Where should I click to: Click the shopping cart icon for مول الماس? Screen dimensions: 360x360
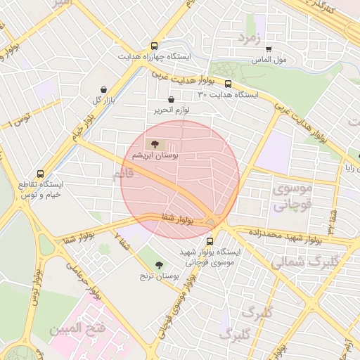(x=269, y=49)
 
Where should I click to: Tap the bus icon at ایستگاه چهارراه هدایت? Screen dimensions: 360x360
(x=154, y=46)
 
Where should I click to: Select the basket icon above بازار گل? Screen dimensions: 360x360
(x=105, y=89)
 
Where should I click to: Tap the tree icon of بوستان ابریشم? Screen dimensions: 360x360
(x=155, y=144)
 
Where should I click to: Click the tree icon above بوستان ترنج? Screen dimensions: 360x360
(x=158, y=264)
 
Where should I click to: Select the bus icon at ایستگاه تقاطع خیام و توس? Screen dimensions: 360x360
(x=39, y=173)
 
